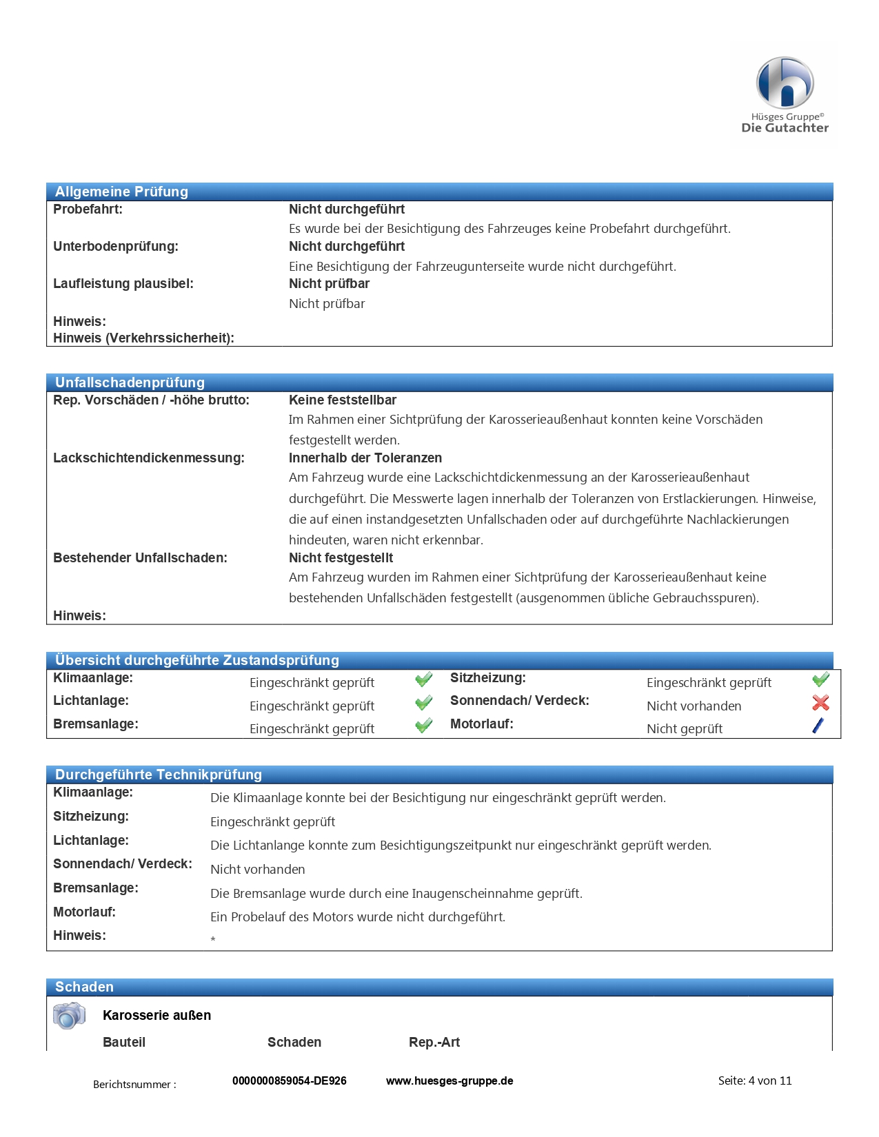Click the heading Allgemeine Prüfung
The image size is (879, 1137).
click(x=121, y=192)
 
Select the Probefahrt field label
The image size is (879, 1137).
click(x=88, y=209)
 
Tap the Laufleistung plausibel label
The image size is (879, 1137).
click(x=123, y=284)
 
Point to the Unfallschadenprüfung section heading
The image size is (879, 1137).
click(x=130, y=382)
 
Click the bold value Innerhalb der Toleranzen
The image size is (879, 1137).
click(x=365, y=458)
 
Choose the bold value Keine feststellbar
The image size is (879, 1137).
click(x=342, y=400)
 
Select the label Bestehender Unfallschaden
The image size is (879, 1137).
click(x=140, y=558)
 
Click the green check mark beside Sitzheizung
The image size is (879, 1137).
click(x=820, y=680)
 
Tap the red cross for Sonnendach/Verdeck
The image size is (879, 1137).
click(x=820, y=703)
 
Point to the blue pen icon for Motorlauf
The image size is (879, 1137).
click(x=818, y=725)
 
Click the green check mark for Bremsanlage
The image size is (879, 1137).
click(x=423, y=726)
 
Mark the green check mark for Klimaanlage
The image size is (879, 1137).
click(x=423, y=680)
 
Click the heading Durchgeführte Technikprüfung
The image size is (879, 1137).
click(x=158, y=775)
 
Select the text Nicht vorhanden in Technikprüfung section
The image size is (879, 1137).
click(x=257, y=870)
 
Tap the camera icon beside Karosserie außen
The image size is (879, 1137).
click(x=69, y=1016)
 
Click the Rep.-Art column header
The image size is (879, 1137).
click(x=434, y=1043)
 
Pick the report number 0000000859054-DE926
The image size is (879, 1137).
click(x=289, y=1081)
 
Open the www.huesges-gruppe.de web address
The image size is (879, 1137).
click(x=449, y=1081)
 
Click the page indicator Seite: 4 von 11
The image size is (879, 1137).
click(x=754, y=1081)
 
